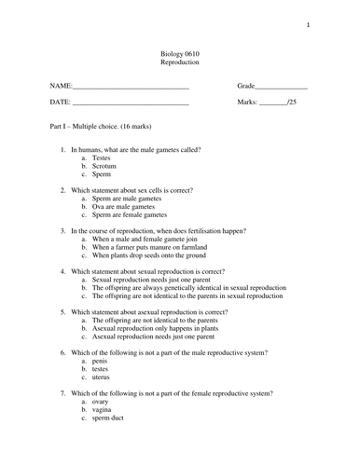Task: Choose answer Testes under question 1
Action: point(102,158)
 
